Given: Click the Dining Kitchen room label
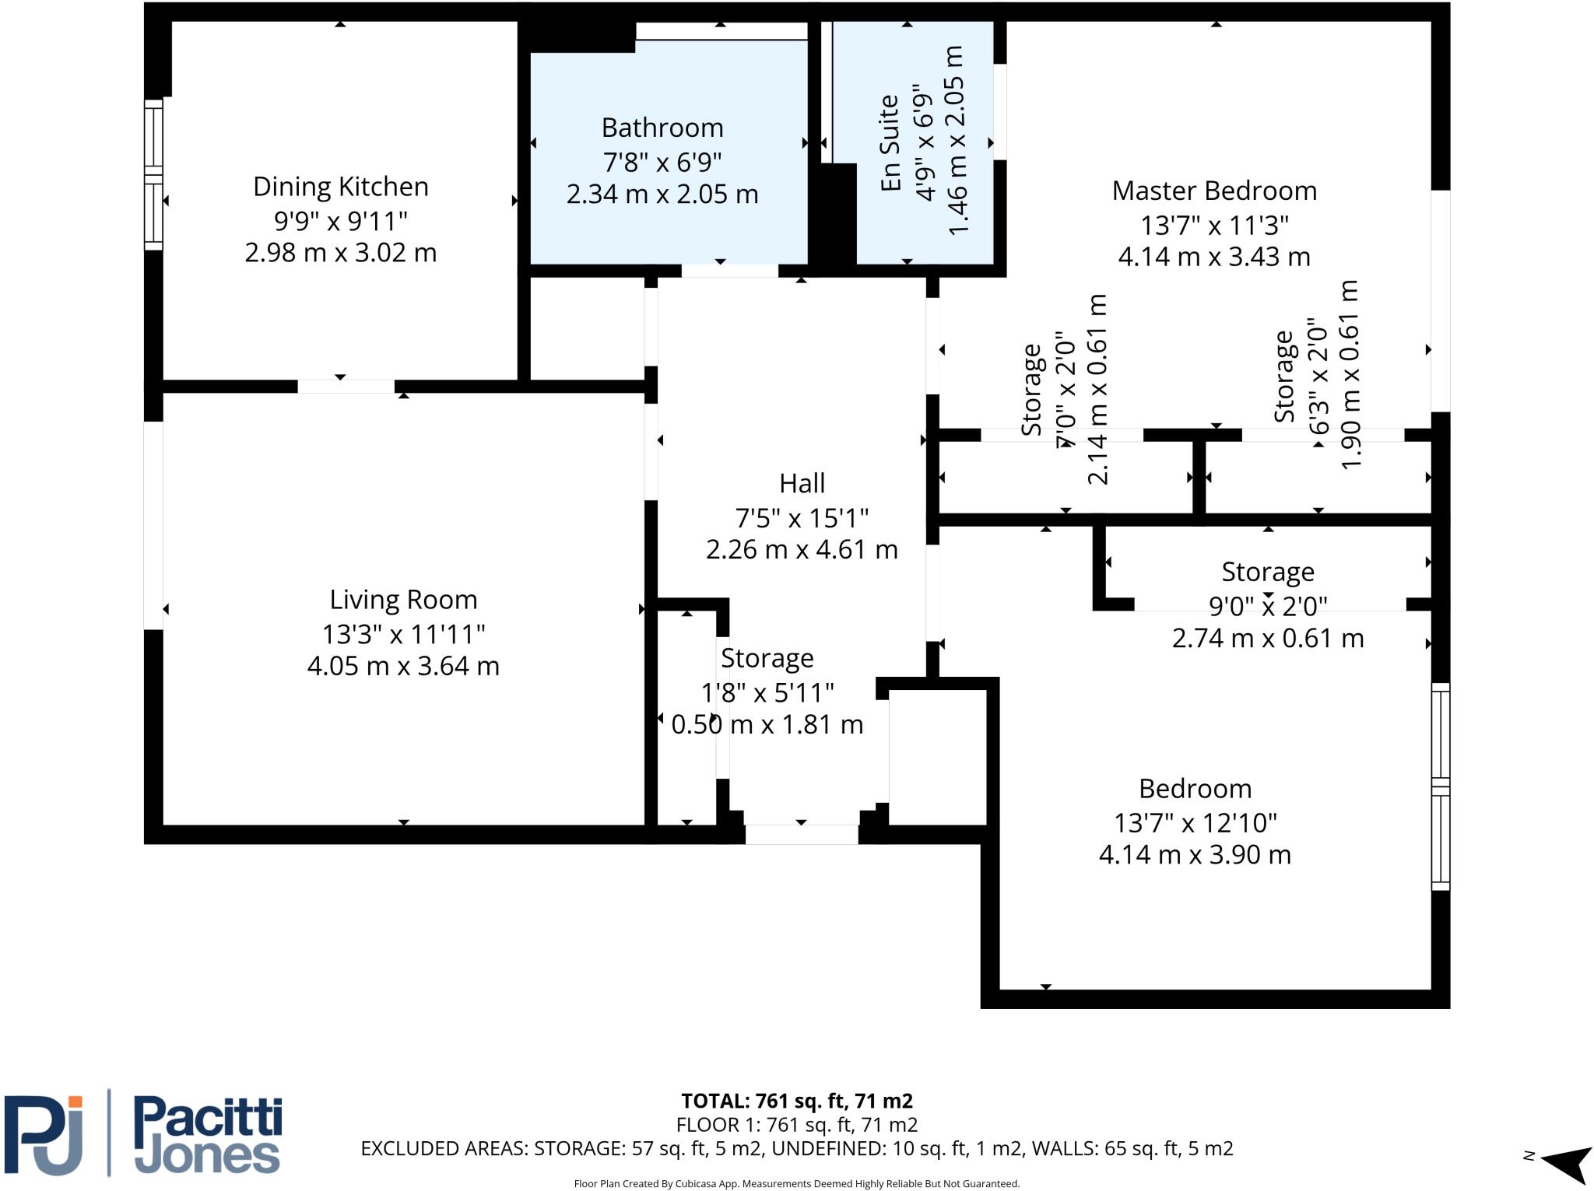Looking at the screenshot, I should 341,187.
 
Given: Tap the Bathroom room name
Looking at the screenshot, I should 662,128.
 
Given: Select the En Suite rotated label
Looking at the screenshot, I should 890,143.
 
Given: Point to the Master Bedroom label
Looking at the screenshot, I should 1214,191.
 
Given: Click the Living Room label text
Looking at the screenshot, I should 403,600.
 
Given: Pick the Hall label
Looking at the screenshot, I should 802,483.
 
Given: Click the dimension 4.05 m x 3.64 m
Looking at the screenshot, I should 403,666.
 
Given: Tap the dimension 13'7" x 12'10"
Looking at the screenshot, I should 1195,822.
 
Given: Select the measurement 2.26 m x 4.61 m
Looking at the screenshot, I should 802,550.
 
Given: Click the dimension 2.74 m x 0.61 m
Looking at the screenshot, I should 1267,638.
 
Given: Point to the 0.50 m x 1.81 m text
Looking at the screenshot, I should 767,724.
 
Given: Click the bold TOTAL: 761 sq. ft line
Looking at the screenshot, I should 796,1101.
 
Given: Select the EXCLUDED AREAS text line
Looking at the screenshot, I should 796,1148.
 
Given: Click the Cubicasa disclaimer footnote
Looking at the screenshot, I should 796,1183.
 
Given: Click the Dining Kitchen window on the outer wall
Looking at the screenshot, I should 153,175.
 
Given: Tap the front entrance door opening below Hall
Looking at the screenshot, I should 802,834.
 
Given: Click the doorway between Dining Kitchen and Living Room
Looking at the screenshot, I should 346,386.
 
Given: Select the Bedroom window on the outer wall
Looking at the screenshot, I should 1441,786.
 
